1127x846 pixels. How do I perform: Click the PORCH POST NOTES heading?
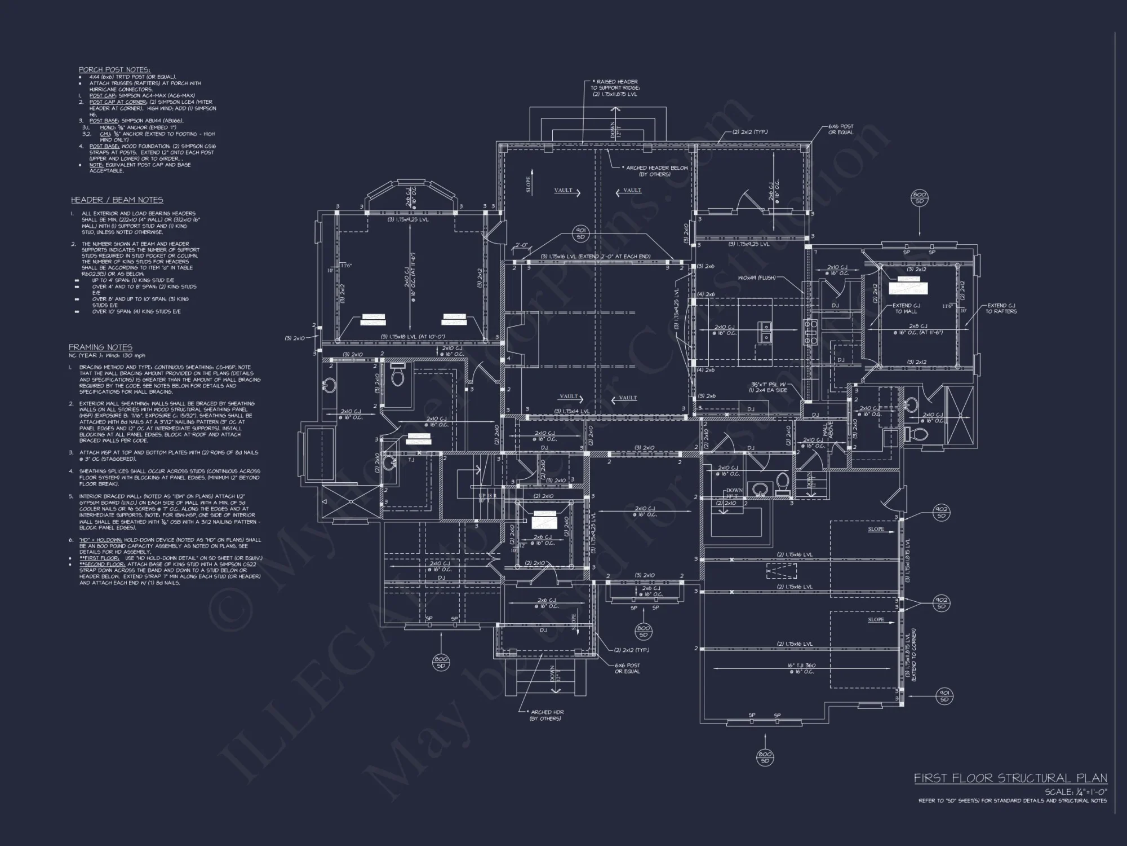114,69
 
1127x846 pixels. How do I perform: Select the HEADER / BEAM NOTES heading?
117,200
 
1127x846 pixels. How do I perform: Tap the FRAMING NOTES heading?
100,347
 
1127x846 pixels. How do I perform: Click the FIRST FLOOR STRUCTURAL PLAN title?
1010,778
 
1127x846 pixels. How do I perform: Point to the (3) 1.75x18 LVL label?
412,337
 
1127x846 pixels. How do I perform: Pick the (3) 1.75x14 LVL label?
571,411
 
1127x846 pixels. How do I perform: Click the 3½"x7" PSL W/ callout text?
770,384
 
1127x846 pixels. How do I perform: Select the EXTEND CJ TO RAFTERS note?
1001,309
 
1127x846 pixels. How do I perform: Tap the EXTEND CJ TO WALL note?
906,309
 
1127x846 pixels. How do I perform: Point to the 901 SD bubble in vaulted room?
580,233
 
